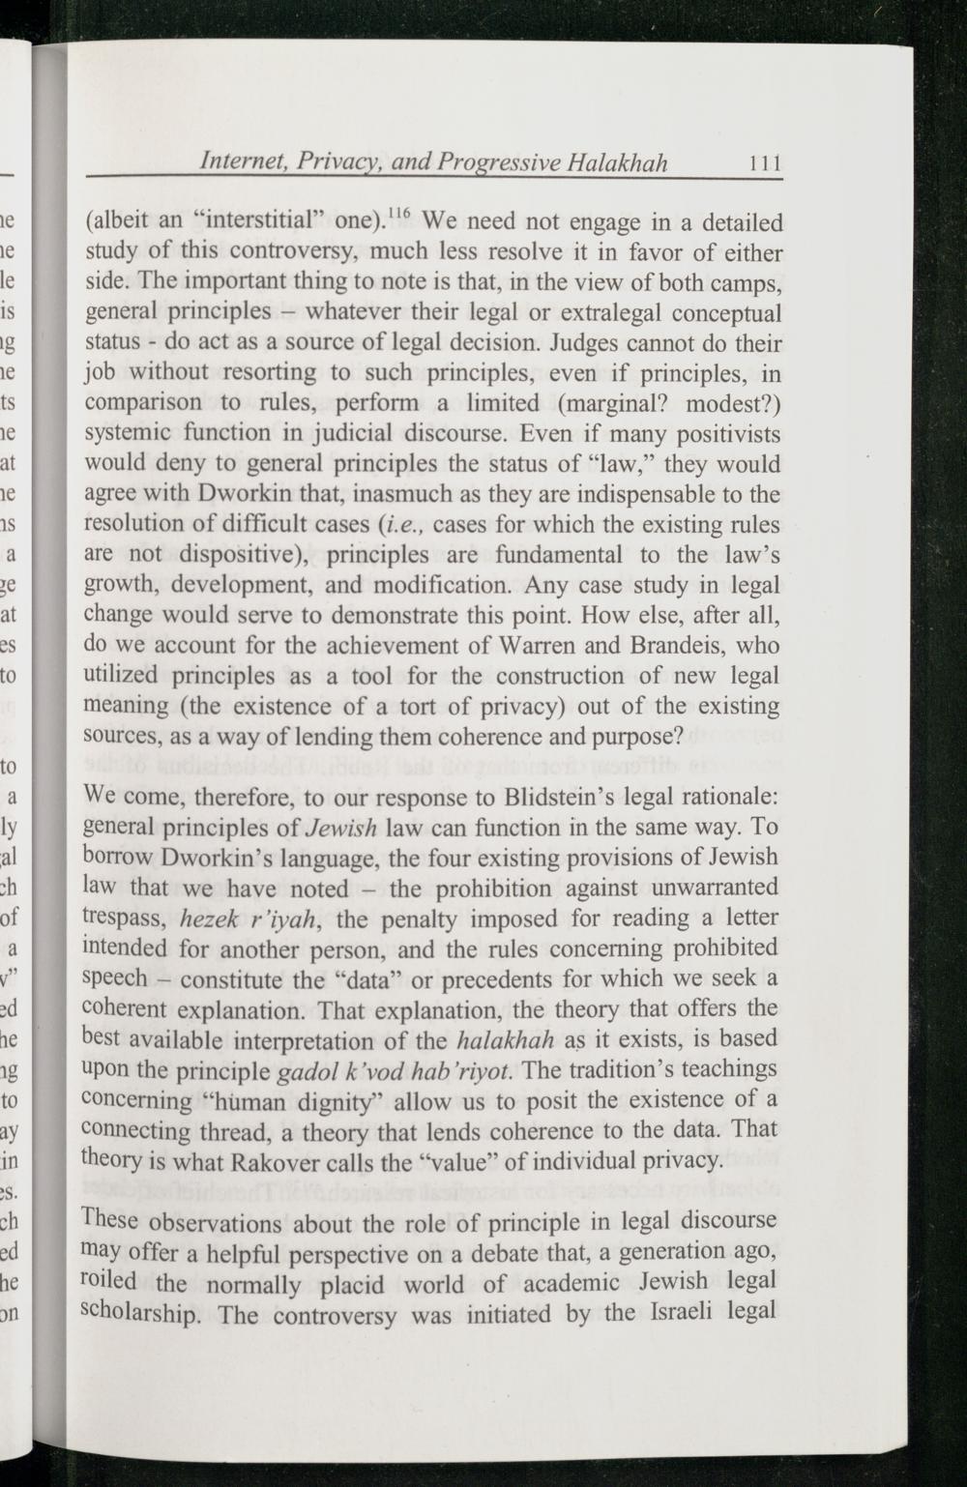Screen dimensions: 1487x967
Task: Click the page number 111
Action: (763, 162)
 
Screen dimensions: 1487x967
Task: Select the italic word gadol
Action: (301, 1070)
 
